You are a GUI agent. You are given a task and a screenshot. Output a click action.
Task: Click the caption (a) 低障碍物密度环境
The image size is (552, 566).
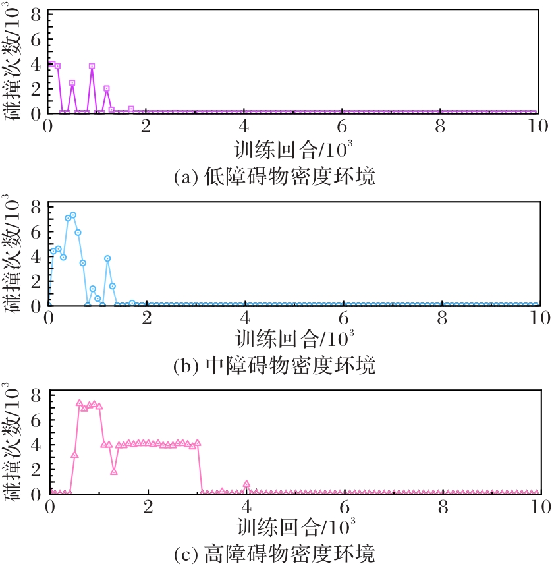(x=275, y=177)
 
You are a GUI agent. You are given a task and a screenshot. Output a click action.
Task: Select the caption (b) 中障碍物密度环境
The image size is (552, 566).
(x=275, y=365)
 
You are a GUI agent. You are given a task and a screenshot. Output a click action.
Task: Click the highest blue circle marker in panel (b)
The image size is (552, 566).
(x=73, y=215)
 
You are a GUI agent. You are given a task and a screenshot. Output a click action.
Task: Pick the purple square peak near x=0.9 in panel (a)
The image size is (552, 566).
(x=92, y=66)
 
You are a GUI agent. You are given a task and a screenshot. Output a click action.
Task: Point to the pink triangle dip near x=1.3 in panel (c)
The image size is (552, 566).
(x=114, y=471)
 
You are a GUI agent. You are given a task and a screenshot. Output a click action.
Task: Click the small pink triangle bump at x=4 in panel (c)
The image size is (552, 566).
(x=246, y=484)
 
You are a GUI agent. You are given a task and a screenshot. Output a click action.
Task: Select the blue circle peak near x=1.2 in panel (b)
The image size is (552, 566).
(x=107, y=258)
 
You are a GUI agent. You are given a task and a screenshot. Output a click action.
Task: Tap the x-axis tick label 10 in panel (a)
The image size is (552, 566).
(x=538, y=127)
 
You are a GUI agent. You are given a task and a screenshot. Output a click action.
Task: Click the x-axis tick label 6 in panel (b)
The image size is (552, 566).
(x=343, y=318)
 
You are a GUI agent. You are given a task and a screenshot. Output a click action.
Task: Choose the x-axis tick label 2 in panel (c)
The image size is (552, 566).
(x=148, y=507)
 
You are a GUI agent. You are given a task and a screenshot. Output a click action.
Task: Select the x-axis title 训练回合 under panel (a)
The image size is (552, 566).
(x=277, y=150)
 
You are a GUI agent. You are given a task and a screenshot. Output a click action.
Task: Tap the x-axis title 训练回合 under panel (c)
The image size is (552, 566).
(x=279, y=528)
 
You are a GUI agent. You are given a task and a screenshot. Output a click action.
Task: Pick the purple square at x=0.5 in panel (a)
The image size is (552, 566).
(x=72, y=82)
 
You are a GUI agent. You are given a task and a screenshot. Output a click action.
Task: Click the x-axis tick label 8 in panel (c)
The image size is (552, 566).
(x=443, y=507)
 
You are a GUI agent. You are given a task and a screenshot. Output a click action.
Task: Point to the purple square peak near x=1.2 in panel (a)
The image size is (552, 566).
(x=107, y=88)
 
